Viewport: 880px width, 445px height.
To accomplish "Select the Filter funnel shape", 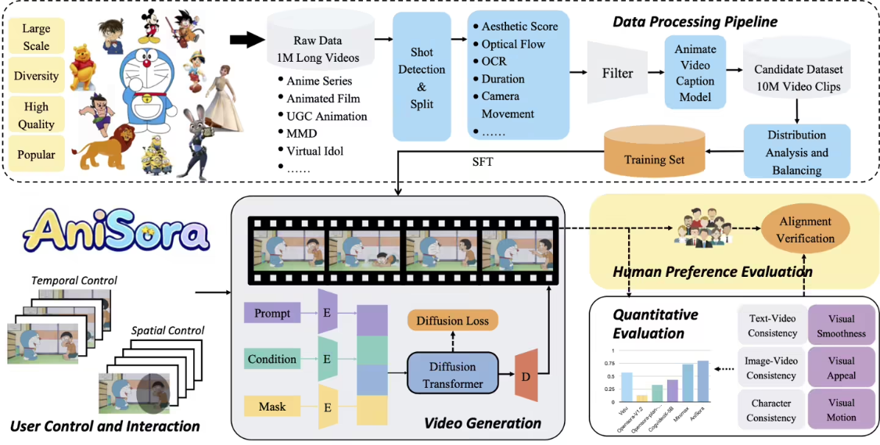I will tap(617, 74).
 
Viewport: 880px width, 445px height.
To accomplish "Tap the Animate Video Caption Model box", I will tap(695, 72).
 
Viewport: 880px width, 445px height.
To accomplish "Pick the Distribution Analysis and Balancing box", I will tap(797, 153).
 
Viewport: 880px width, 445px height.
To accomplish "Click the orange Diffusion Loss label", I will tap(452, 321).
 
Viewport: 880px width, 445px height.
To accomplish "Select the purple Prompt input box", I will tap(272, 314).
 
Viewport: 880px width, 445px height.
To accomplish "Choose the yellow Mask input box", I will tap(272, 407).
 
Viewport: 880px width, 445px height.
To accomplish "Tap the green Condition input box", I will tap(272, 360).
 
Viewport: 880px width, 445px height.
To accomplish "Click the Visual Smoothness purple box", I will tap(835, 326).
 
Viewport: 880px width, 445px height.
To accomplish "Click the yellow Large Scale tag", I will tap(36, 38).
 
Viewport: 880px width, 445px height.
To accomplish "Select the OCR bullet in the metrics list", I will tap(494, 62).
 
